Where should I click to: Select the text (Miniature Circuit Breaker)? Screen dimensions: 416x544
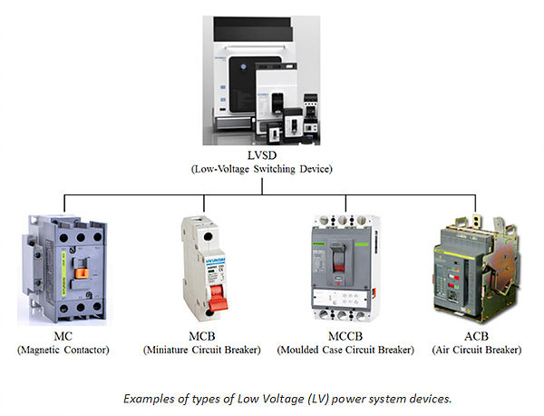pyautogui.click(x=200, y=349)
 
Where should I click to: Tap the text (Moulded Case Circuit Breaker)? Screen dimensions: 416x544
pyautogui.click(x=345, y=349)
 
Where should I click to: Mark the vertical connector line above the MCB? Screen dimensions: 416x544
pyautogui.click(x=202, y=201)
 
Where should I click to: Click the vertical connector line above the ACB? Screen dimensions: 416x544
pyautogui.click(x=476, y=201)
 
